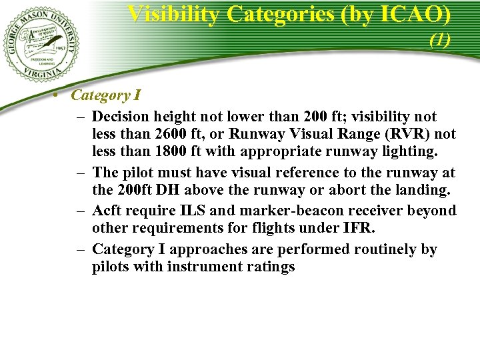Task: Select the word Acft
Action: coord(107,211)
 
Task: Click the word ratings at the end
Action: coord(270,267)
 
